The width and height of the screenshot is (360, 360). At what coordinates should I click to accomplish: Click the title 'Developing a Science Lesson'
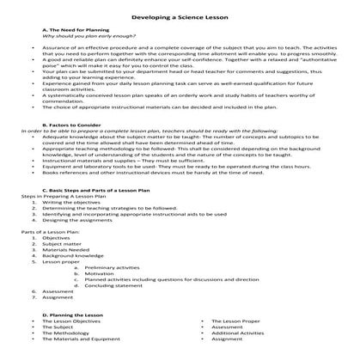pos(180,19)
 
